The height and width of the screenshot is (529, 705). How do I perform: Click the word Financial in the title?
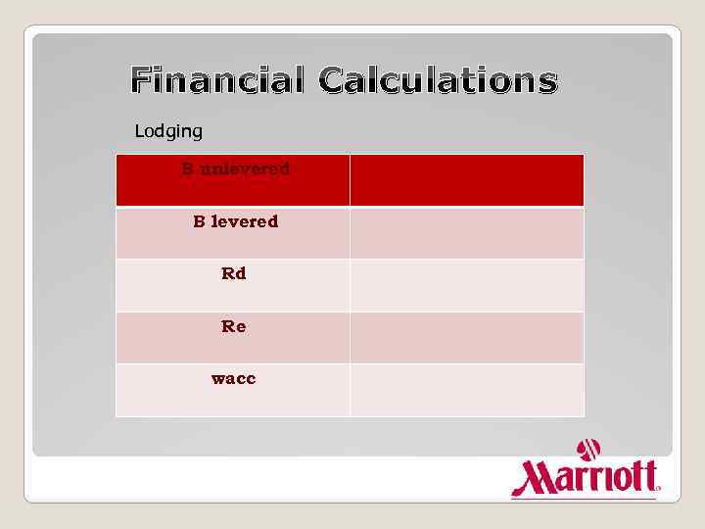point(218,80)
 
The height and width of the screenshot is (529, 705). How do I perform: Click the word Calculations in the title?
point(438,80)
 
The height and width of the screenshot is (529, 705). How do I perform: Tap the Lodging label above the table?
point(168,130)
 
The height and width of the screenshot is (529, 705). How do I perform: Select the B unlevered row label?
point(235,168)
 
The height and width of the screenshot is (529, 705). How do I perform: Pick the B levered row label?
point(235,221)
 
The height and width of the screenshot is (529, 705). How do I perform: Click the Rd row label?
point(234,273)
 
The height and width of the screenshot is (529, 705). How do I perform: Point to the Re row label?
point(234,326)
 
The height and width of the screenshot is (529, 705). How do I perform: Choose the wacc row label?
point(234,378)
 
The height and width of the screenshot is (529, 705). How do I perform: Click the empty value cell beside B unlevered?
point(466,180)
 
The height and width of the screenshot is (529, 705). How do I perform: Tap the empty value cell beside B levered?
point(466,233)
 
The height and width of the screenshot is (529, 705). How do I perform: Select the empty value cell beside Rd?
point(466,285)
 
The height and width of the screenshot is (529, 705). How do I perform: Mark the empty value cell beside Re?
point(466,338)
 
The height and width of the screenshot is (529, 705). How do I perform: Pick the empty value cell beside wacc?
point(466,390)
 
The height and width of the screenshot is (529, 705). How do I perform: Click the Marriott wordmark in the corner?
point(585,477)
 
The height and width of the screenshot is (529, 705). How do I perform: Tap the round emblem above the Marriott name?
point(588,450)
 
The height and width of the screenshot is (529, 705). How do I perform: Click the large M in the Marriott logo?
point(534,479)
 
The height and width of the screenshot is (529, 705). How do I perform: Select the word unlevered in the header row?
point(246,168)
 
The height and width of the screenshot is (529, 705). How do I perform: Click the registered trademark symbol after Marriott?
point(658,487)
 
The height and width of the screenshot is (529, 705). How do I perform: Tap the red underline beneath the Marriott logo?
point(584,499)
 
